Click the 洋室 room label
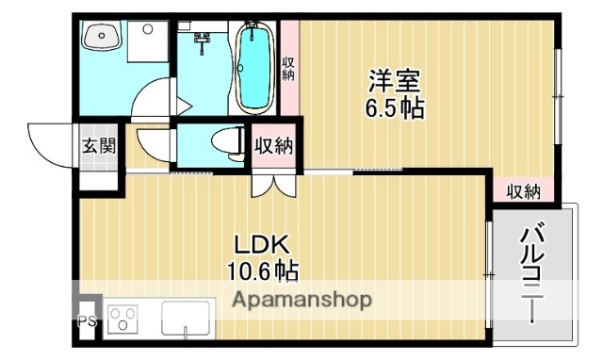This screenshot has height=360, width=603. [x=395, y=80]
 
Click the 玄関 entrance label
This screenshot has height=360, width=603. [x=98, y=146]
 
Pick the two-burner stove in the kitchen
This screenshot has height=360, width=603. [x=124, y=320]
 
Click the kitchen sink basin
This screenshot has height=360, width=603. [x=187, y=319]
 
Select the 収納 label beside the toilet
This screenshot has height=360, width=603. [x=274, y=146]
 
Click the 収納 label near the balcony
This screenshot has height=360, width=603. [x=524, y=191]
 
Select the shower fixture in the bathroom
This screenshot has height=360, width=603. [x=201, y=39]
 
